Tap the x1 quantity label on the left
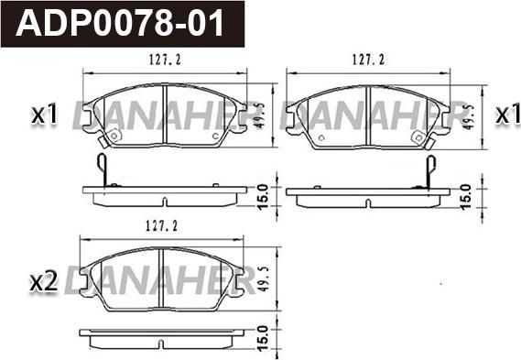tap(44, 115)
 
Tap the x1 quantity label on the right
tap(502, 115)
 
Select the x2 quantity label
tap(44, 281)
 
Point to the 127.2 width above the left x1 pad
tap(164, 61)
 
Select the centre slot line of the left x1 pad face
tap(163, 115)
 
